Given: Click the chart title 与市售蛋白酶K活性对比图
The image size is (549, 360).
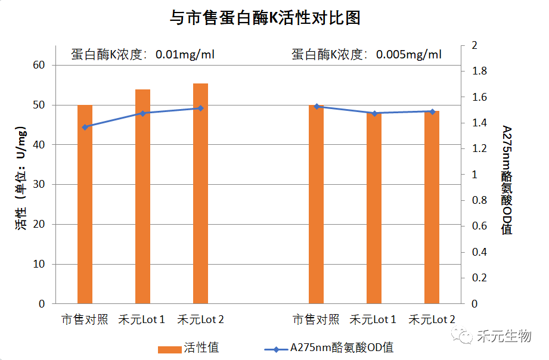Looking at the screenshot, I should tap(265, 18).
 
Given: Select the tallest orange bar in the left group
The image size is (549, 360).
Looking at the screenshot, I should tap(200, 193).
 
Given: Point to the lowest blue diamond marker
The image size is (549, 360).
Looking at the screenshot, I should tap(85, 127).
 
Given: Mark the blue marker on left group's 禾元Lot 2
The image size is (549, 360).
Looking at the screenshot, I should tap(200, 108).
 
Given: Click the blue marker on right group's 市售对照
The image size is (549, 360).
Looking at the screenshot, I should tap(316, 107).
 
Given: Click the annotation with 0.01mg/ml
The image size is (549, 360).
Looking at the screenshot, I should tap(142, 55).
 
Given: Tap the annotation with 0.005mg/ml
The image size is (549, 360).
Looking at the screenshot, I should tap(366, 55).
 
